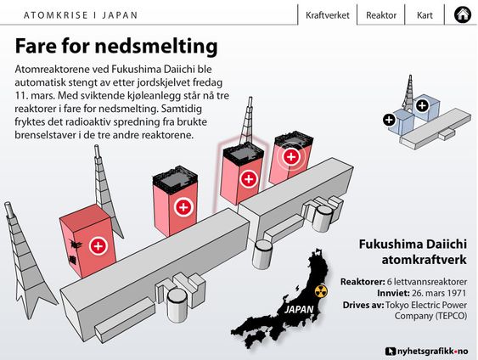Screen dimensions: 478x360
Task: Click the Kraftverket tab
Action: point(328,15)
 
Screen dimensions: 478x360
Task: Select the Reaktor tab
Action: point(381,15)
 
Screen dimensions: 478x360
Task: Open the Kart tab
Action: point(425,15)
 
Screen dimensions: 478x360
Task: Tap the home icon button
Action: point(463,14)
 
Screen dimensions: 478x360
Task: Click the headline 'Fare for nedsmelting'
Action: point(116,46)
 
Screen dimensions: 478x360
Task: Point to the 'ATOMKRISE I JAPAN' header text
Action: point(81,15)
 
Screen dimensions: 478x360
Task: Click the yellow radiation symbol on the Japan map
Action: point(321,291)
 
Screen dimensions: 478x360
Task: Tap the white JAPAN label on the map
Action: point(299,309)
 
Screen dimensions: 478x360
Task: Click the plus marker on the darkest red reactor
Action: point(98,245)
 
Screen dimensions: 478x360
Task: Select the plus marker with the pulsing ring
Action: point(291,157)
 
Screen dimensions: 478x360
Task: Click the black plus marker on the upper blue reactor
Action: point(422,106)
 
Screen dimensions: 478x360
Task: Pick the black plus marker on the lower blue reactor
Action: point(389,120)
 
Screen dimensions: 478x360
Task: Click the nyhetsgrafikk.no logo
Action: point(427,352)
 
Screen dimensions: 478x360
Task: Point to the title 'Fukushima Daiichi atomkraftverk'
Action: point(413,252)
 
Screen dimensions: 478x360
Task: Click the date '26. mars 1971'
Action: point(439,293)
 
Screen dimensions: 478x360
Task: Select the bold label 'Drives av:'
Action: point(363,305)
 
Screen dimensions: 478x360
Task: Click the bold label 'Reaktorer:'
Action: point(363,282)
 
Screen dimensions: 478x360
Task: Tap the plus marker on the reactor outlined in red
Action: point(249,179)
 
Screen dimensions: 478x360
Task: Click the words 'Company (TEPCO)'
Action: point(430,316)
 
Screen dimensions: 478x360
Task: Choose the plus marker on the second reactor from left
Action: point(183,207)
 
